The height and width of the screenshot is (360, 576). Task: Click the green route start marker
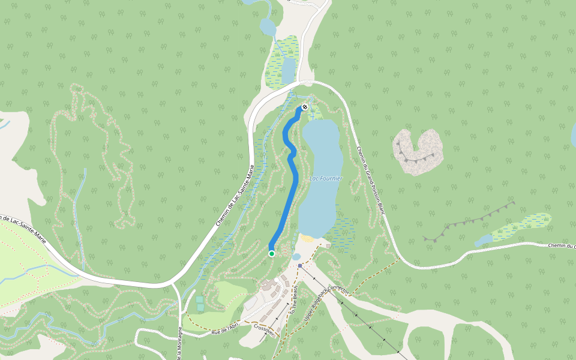(x=271, y=254)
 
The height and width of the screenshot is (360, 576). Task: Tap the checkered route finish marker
(x=305, y=107)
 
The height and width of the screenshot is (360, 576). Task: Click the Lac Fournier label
(x=326, y=178)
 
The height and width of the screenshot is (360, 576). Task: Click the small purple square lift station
(x=300, y=265)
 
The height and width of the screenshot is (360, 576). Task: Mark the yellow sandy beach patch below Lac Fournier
(x=307, y=238)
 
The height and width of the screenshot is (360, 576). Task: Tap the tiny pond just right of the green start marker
(x=296, y=257)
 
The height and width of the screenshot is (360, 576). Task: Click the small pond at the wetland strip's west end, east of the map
(x=483, y=241)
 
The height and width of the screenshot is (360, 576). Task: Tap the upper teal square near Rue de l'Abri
(x=199, y=299)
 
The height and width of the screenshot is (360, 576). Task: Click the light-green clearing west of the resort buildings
(x=231, y=294)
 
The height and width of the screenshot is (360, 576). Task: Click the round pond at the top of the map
(x=268, y=27)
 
